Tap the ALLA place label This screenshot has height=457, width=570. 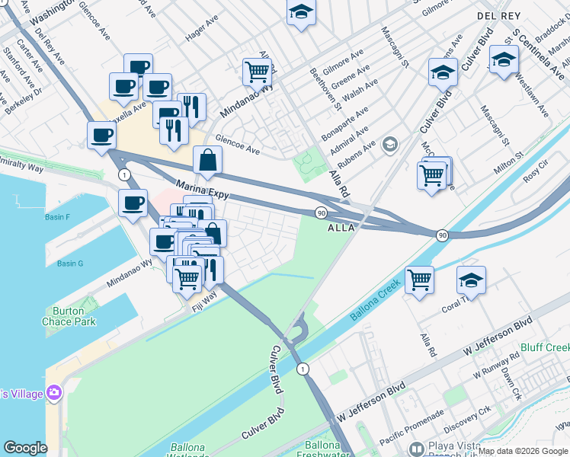click(341, 228)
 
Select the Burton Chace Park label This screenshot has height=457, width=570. click(75, 316)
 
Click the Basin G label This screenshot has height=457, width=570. click(69, 264)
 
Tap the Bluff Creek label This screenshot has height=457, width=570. click(545, 348)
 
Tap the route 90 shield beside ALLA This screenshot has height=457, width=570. click(321, 213)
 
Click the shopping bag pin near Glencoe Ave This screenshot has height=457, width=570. click(208, 159)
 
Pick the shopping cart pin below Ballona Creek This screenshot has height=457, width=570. click(420, 280)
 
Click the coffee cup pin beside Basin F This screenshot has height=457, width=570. click(133, 203)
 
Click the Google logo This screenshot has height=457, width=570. click(24, 448)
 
